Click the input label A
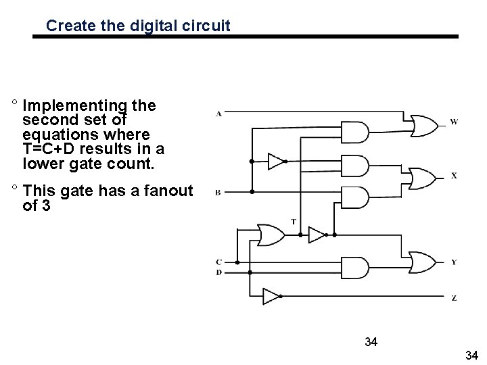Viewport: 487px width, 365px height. coord(218,113)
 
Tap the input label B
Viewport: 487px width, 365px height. coord(218,193)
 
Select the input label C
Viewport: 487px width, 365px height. coord(218,262)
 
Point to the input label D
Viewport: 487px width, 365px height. coord(218,272)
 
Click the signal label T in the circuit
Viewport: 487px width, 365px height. coord(293,221)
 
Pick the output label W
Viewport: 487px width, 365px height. coord(453,122)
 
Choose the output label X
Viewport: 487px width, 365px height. coord(453,175)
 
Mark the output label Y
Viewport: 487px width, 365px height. coord(453,262)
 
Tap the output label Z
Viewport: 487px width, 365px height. coord(453,297)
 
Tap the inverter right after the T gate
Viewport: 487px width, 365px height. coord(317,235)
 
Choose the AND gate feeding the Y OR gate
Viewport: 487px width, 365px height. coord(356,267)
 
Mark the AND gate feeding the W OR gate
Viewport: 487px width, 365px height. coord(357,132)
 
